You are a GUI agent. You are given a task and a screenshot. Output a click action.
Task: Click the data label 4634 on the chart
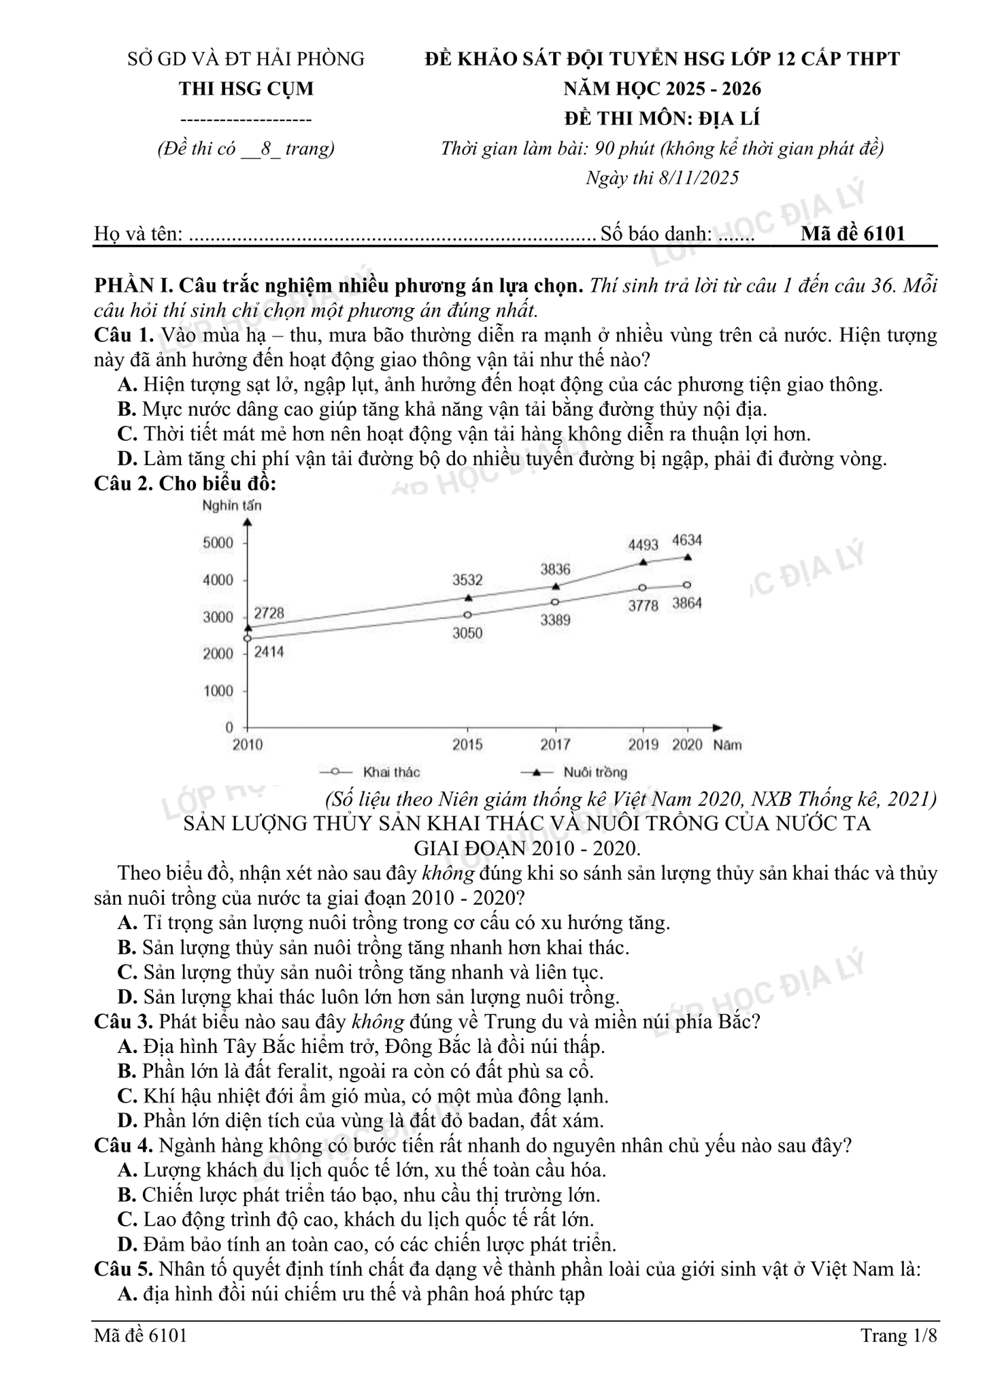[686, 541]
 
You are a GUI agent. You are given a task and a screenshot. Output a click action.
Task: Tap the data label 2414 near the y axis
[269, 652]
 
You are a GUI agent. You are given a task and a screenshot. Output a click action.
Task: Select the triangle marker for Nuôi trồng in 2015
[468, 598]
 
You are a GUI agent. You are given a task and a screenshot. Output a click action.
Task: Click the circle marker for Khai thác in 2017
[555, 602]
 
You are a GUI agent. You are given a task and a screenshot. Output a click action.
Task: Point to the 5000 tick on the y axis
[218, 543]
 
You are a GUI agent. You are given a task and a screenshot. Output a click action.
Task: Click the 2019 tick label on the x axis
[643, 744]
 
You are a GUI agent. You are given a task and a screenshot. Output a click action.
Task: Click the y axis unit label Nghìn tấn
[231, 505]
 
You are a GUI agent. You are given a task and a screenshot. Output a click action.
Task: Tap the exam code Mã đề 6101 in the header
[853, 233]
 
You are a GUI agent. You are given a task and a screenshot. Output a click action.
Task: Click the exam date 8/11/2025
[699, 178]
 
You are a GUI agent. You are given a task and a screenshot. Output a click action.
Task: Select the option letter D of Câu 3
[127, 1120]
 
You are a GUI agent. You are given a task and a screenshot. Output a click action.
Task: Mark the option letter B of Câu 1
[127, 409]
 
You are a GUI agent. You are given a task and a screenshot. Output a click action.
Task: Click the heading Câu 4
[123, 1145]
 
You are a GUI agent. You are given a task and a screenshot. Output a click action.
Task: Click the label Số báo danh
[656, 234]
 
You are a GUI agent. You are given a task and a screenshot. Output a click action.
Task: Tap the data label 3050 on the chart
[467, 633]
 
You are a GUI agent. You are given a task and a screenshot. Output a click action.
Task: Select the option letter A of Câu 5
[127, 1294]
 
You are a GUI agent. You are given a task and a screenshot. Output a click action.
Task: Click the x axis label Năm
[727, 745]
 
